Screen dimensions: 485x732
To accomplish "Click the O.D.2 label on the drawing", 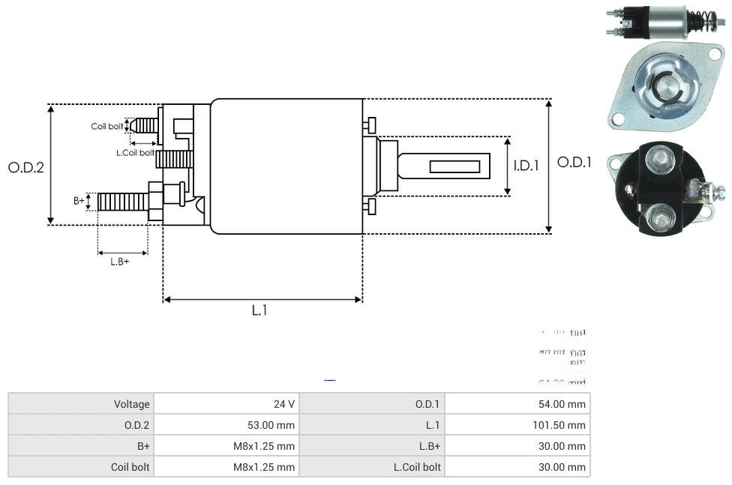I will (x=26, y=167).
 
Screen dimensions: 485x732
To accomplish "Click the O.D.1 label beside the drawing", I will (x=574, y=163).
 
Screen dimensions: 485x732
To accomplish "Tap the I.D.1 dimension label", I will (x=526, y=166).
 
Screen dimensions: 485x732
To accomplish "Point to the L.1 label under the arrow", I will (x=259, y=310).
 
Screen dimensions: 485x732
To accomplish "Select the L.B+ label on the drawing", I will (x=120, y=262).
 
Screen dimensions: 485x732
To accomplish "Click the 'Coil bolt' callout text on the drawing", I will (x=106, y=126).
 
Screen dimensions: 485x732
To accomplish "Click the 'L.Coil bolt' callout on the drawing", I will (x=135, y=152).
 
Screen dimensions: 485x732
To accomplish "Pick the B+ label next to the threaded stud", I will (x=79, y=200).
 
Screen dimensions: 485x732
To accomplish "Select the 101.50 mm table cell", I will (x=554, y=425).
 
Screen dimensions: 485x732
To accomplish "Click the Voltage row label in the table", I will (x=131, y=404).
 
